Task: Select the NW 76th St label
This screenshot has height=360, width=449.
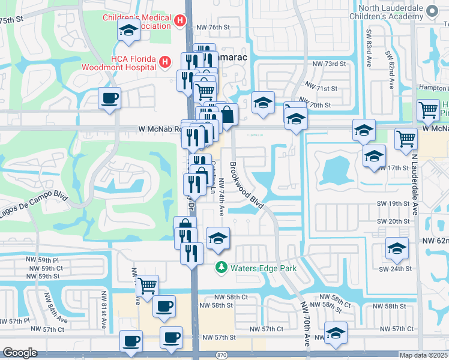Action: coord(212,27)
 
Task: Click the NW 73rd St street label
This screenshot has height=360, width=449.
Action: coord(329,64)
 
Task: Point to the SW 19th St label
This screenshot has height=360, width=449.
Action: coord(393,204)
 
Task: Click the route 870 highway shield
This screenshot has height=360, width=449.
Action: coord(221,355)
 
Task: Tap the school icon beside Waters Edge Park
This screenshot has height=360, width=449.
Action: coord(218,238)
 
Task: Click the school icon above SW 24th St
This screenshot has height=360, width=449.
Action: coord(397,248)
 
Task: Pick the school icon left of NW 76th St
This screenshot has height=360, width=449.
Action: coord(128,30)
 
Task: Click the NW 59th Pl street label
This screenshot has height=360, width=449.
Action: coord(42,260)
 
